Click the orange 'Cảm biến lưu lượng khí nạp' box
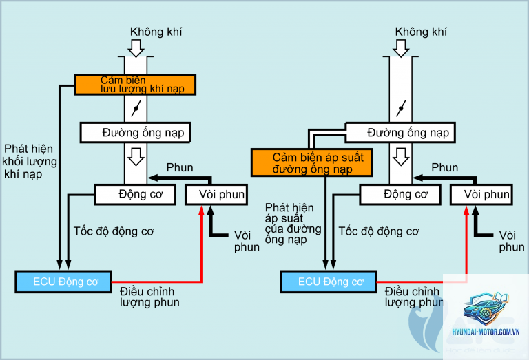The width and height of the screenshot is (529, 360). pos(135,85)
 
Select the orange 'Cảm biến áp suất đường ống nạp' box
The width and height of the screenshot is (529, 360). pos(312,162)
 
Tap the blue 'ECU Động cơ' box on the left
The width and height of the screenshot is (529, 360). pos(63,282)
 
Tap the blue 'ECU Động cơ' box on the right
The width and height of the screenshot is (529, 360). pos(329,282)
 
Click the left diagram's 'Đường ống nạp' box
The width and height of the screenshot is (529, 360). pos(135,132)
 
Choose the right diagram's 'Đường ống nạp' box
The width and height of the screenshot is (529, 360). pos(400,132)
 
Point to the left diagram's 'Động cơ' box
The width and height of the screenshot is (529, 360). pos(135,195)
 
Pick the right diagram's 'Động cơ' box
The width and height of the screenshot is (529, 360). pos(400,195)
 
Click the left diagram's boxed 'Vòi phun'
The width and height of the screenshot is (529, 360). pos(216,195)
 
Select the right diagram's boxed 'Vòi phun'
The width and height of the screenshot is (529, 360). pos(481,195)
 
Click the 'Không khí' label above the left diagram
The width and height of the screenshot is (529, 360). pos(156,32)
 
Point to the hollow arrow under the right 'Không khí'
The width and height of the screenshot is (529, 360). pos(401,48)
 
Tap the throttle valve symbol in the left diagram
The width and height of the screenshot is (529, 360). pos(136,108)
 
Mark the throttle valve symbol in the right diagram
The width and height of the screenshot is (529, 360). pos(401,108)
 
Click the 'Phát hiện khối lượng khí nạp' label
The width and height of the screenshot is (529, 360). pos(30,162)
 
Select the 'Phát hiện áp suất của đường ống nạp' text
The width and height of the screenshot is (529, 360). pos(293,223)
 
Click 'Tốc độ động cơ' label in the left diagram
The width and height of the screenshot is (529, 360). pos(114,231)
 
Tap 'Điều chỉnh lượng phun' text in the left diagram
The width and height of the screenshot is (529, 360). pos(149,297)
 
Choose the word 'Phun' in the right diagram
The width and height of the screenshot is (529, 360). pos(445,167)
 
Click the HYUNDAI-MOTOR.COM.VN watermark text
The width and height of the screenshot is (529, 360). pos(486,332)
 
